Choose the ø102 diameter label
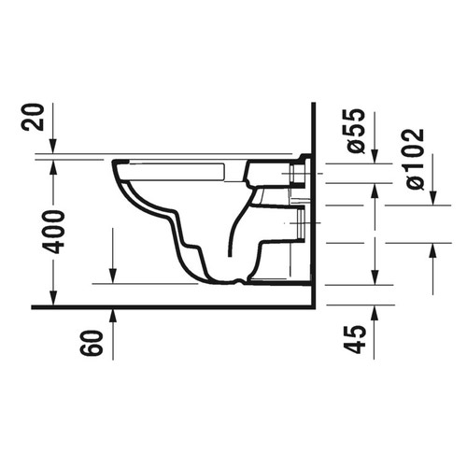click(417, 159)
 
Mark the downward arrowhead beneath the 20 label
click(53, 148)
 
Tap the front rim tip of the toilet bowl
click(114, 168)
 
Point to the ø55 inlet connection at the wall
click(301, 175)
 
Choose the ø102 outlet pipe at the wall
click(301, 224)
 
